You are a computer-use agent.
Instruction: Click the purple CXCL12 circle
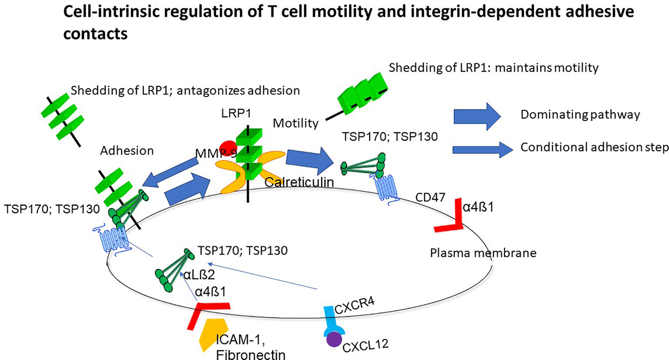(334, 339)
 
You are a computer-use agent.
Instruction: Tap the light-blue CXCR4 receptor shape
(333, 320)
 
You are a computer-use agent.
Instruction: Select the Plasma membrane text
(483, 253)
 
